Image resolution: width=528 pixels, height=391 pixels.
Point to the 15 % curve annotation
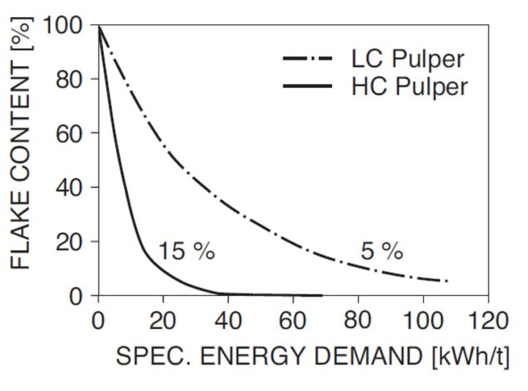pyautogui.click(x=187, y=251)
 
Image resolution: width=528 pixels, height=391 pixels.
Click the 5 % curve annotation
pyautogui.click(x=382, y=251)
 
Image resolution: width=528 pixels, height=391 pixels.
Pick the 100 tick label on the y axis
pyautogui.click(x=63, y=26)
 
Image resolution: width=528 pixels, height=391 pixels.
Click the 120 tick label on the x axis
pyautogui.click(x=487, y=321)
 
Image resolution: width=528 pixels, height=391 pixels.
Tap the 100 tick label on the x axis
pyautogui.click(x=423, y=321)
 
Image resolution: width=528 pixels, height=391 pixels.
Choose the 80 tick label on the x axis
pyautogui.click(x=358, y=321)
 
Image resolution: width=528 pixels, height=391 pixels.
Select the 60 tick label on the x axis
pyautogui.click(x=294, y=321)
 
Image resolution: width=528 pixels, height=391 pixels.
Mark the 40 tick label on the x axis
pyautogui.click(x=229, y=321)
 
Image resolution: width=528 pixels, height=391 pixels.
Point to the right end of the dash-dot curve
pyautogui.click(x=447, y=281)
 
